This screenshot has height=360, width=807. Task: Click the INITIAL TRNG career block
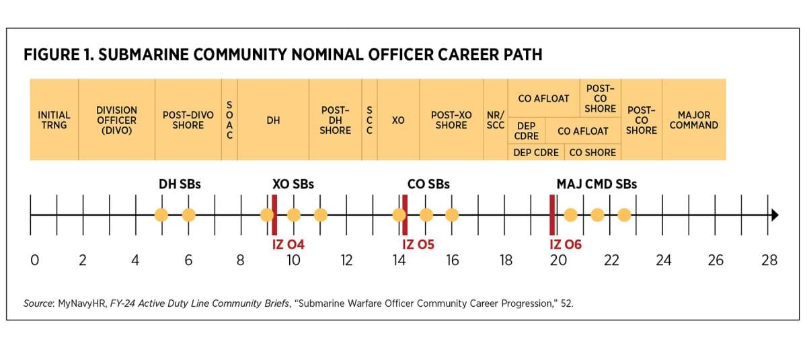54,120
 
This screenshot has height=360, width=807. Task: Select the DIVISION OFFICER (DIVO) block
116,120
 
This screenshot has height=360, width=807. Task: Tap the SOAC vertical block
229,120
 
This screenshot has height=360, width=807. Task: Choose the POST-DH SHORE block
335,120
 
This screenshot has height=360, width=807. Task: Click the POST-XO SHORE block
451,120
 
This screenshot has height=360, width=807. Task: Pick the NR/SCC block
496,120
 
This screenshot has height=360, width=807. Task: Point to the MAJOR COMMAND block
693,120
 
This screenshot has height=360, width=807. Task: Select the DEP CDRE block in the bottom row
536,153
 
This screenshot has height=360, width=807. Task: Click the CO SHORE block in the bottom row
592,153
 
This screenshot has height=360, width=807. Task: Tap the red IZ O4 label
288,244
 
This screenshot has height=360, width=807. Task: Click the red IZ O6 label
565,244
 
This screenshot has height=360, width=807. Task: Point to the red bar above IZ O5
405,205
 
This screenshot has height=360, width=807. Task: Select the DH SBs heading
180,184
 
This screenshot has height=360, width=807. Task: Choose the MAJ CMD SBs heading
597,184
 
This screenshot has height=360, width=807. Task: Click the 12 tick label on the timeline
346,260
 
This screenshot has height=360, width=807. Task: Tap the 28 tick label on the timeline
769,260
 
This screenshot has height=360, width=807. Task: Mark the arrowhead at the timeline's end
775,215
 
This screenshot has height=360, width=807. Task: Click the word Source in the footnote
38,303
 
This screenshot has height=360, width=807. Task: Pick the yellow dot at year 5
161,215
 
